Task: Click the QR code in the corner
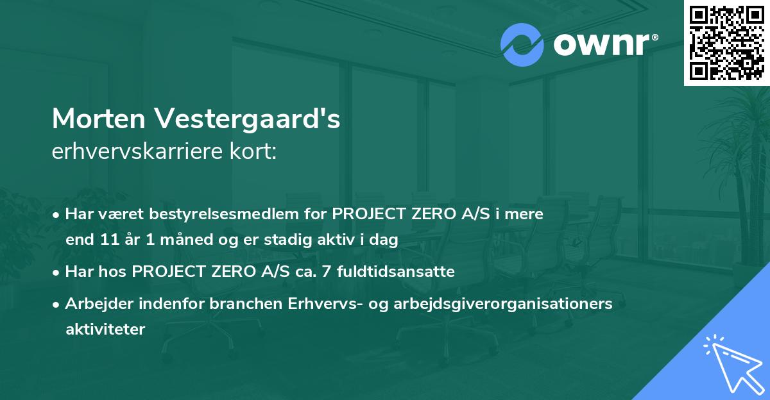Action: coord(726,42)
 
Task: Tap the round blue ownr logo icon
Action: coord(522,45)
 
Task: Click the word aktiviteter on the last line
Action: coord(105,329)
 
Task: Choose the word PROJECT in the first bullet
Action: coord(367,214)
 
